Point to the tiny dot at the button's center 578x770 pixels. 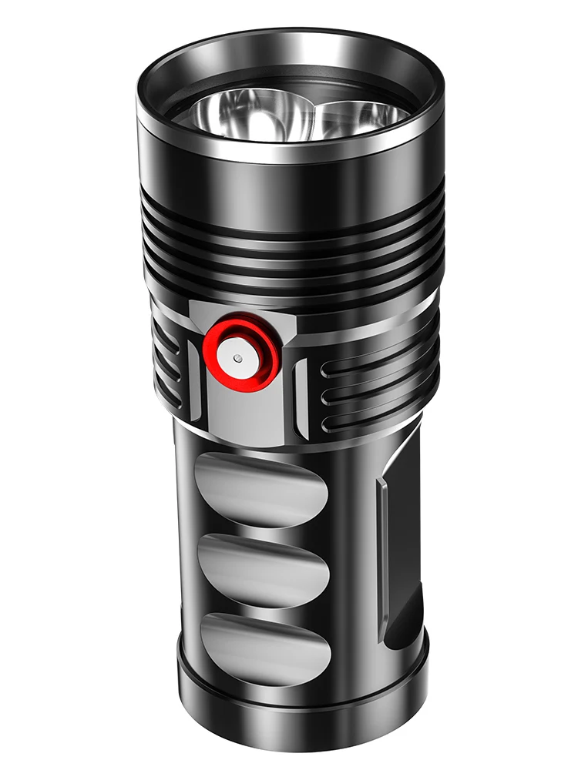(238, 359)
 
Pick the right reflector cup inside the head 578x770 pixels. (358, 115)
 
